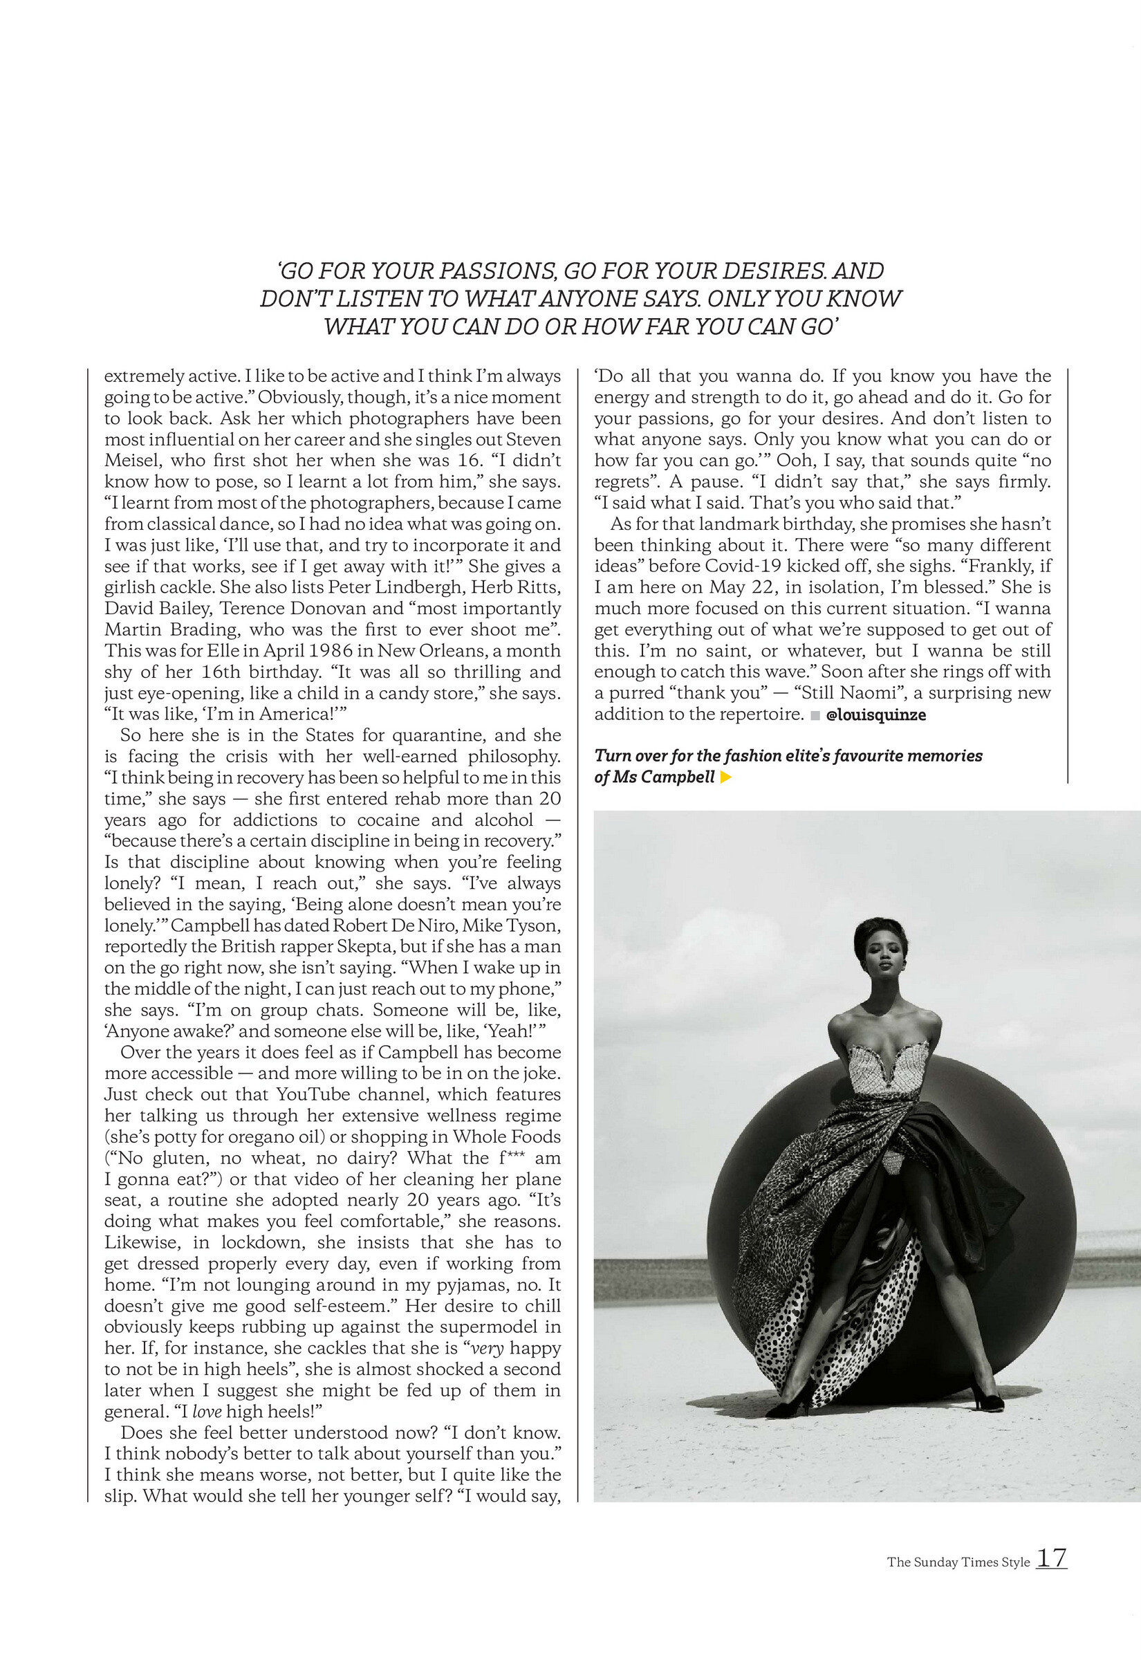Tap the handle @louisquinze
(875, 715)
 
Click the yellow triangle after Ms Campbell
(725, 778)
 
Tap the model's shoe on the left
(788, 1408)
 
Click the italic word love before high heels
(207, 1412)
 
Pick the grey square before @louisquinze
(815, 716)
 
